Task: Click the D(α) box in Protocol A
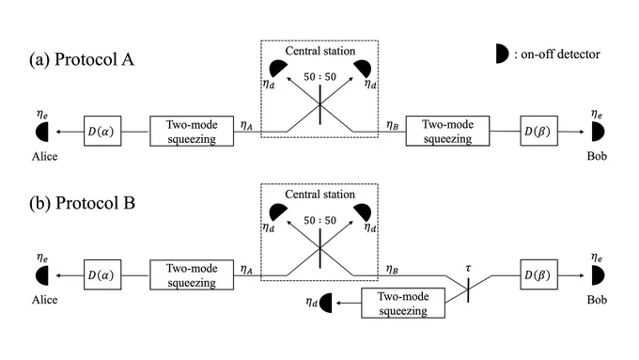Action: coord(102,131)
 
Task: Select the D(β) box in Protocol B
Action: coord(538,274)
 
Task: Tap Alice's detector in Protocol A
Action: coord(42,132)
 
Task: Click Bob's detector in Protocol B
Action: coord(598,275)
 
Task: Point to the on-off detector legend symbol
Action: coord(502,54)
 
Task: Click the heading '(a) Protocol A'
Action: coord(82,59)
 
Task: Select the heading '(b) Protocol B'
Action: coord(82,203)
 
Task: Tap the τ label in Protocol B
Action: coord(468,268)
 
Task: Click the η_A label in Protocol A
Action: coord(246,125)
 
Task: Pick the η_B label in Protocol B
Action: coord(392,269)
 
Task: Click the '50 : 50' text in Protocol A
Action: coord(319,77)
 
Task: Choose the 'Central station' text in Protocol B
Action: coord(319,195)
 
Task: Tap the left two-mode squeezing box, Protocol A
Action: coord(192,131)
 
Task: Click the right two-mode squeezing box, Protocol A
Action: coord(447,131)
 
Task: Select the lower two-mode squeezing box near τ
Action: coord(403,303)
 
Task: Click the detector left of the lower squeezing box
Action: coord(326,303)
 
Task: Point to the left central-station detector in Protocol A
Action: coord(278,68)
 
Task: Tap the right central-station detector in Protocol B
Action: coord(363,212)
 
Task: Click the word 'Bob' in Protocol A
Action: coord(597,156)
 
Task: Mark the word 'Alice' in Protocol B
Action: coord(45,300)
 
